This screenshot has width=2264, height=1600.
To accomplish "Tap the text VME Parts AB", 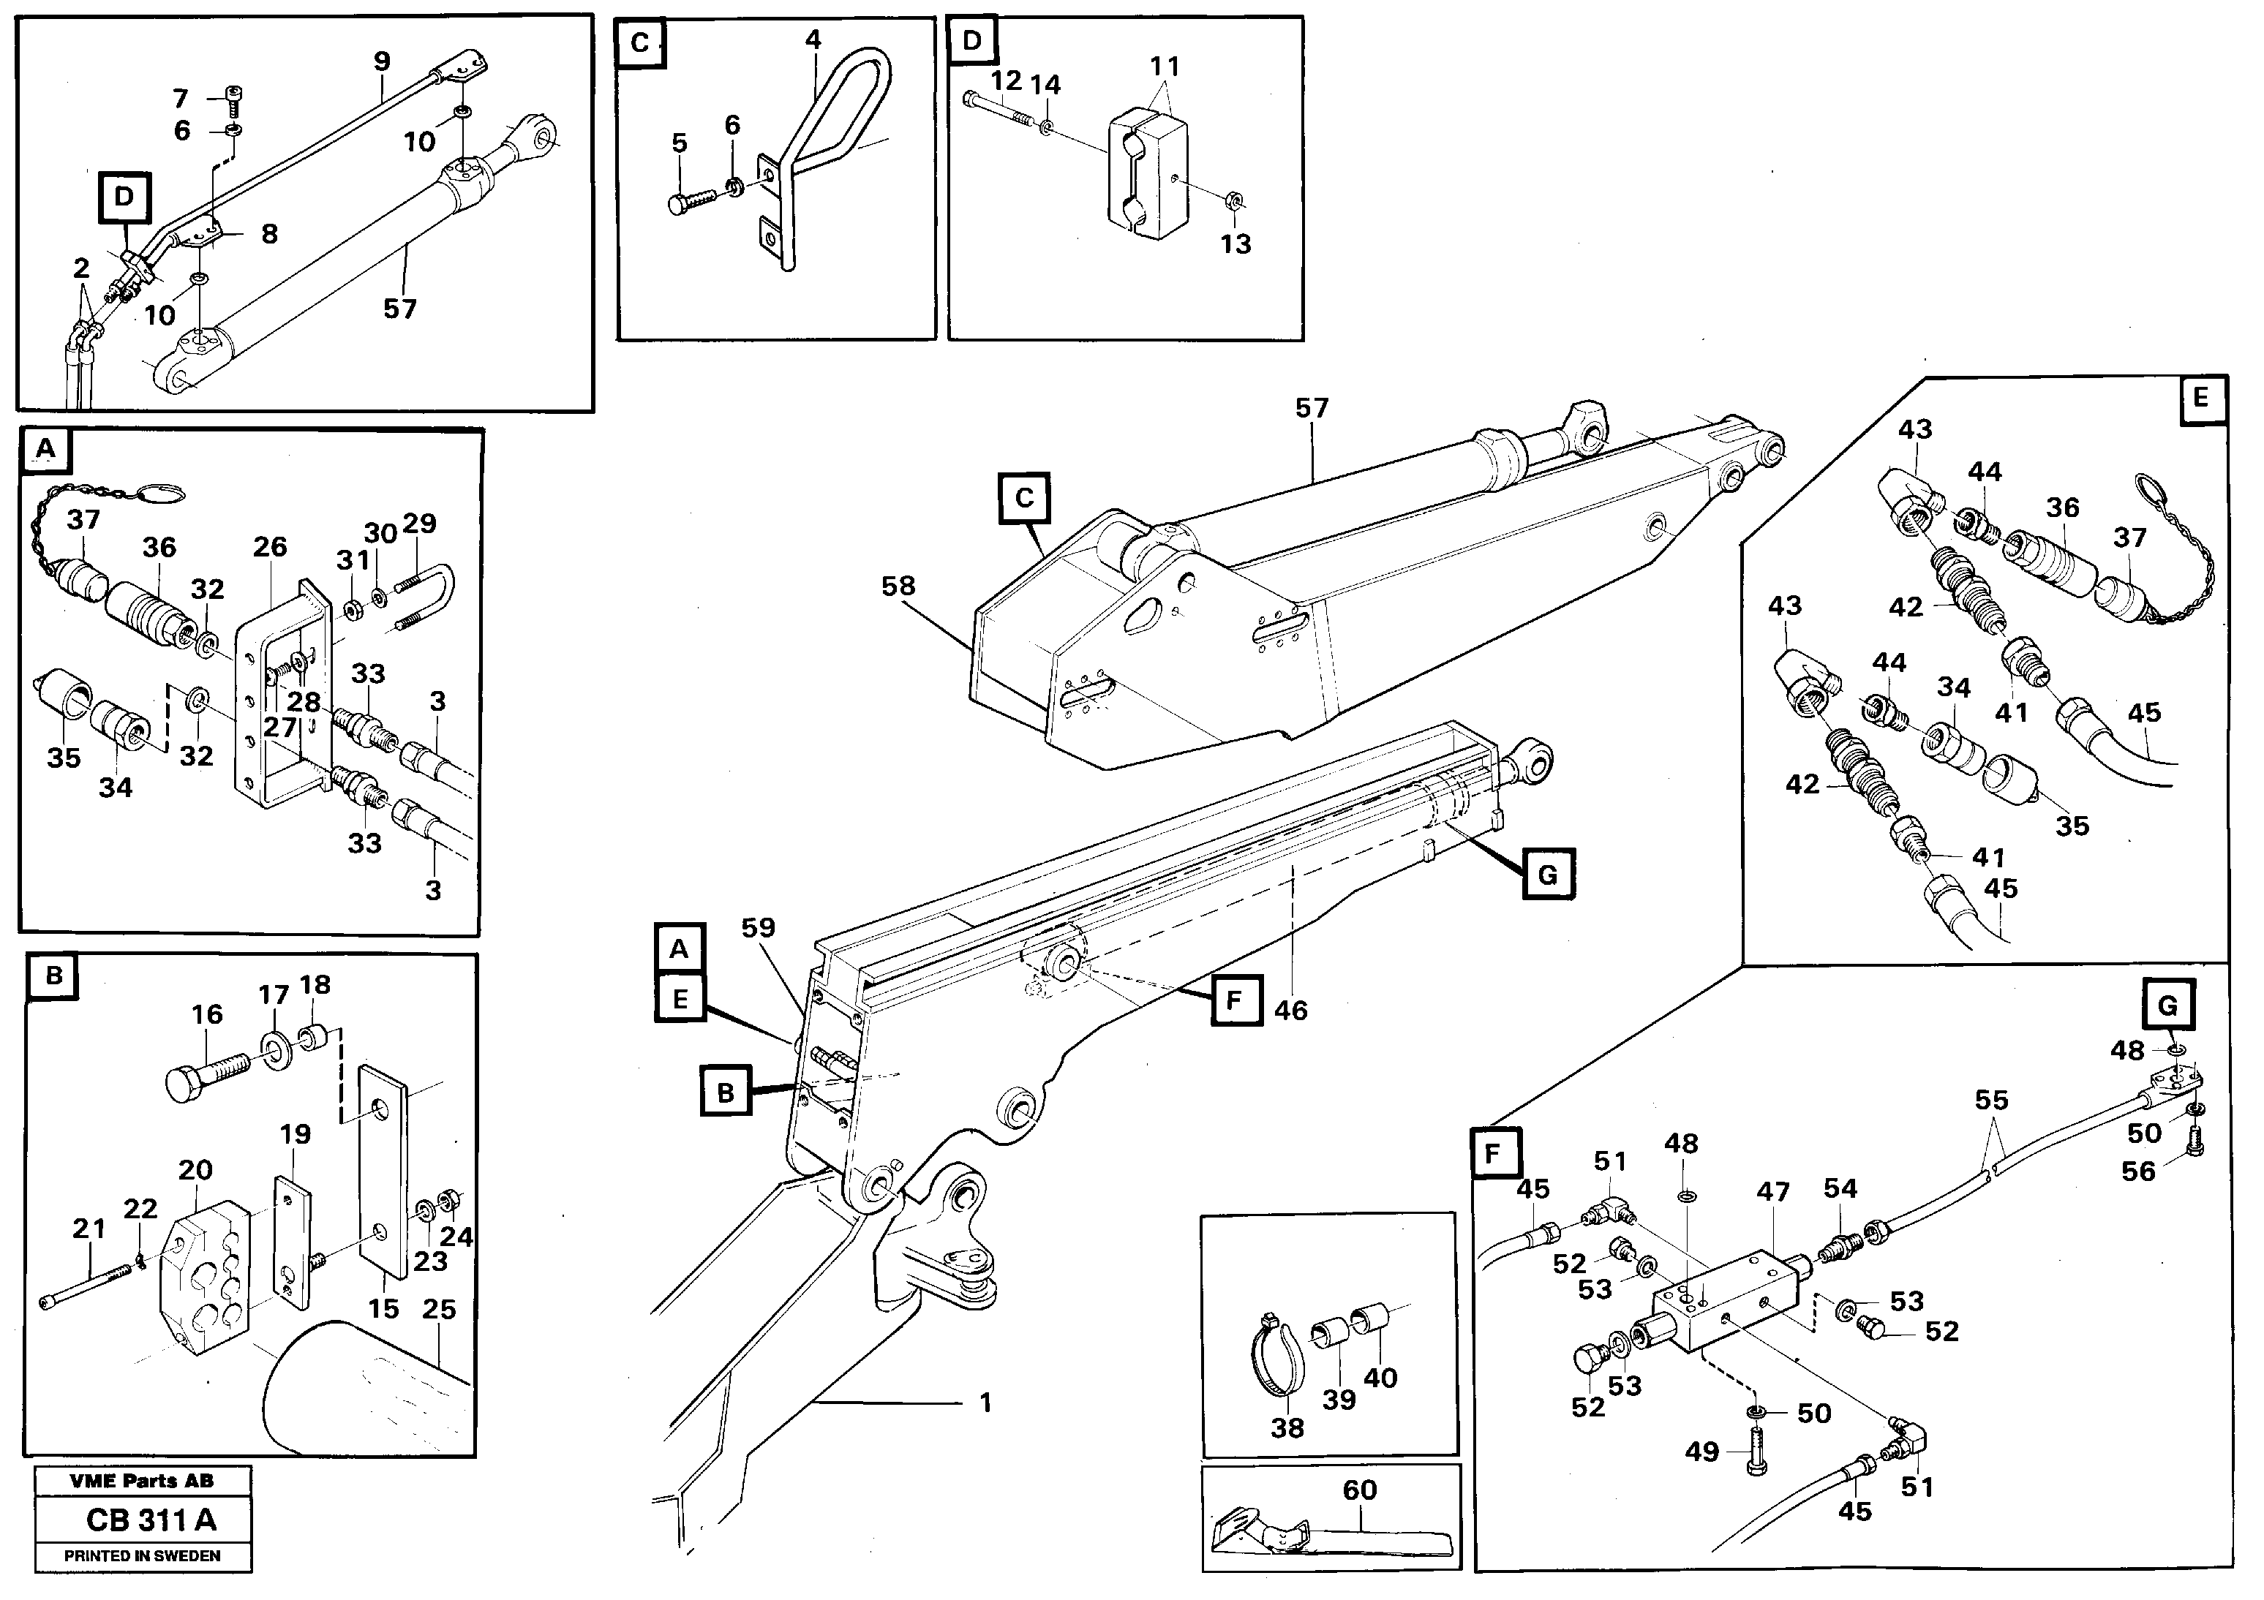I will coord(141,1481).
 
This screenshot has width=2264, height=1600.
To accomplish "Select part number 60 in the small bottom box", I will coord(1359,1490).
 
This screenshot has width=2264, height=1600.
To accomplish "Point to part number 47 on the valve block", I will coord(1772,1192).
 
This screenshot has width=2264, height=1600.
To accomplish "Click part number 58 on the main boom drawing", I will coord(898,586).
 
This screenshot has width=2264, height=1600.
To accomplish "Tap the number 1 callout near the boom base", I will coord(985,1402).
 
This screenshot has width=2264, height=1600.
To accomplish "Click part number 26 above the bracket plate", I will coord(269,547).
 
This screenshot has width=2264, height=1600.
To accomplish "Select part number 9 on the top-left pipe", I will coord(382,61).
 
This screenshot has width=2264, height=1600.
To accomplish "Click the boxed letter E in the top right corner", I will coord(2201,399).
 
